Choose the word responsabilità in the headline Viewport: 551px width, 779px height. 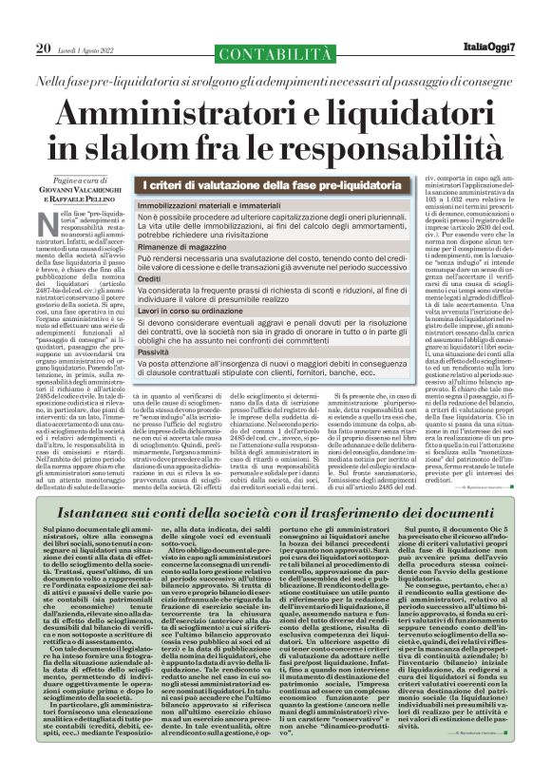384,154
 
